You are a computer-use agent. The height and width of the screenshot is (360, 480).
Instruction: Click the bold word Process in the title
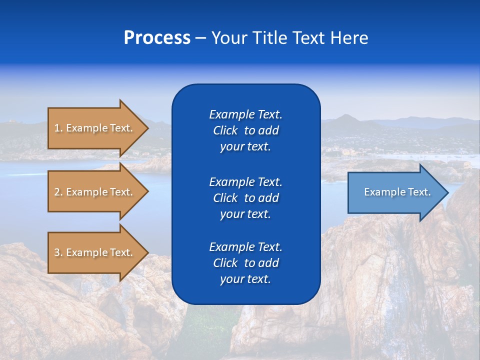[x=157, y=38]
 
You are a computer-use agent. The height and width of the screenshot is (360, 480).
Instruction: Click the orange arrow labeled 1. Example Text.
[x=95, y=128]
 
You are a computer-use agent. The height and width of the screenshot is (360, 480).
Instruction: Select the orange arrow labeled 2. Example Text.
[x=95, y=192]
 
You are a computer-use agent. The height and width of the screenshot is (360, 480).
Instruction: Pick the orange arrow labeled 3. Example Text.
[x=95, y=252]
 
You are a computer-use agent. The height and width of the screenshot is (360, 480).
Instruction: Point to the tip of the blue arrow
[x=447, y=192]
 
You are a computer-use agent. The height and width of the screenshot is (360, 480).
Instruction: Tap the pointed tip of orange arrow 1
[x=147, y=128]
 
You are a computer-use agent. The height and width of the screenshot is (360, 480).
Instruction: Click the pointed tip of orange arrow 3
[x=147, y=252]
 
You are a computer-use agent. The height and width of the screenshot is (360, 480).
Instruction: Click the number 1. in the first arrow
[x=58, y=128]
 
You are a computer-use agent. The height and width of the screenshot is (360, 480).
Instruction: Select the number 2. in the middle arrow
[x=58, y=192]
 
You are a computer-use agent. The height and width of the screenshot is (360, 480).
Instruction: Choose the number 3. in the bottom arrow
[x=58, y=252]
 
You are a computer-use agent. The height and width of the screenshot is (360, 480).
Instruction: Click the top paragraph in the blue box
[x=245, y=130]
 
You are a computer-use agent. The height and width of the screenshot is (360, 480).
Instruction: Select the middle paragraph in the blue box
[x=245, y=198]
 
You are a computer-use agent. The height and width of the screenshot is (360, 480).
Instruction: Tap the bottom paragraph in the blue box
[x=245, y=263]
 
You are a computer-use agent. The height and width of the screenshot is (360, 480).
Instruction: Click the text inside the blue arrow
[x=397, y=192]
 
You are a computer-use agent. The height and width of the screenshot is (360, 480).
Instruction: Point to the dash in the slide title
[x=200, y=38]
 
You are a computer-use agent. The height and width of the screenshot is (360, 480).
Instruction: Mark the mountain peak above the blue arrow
[x=345, y=116]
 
